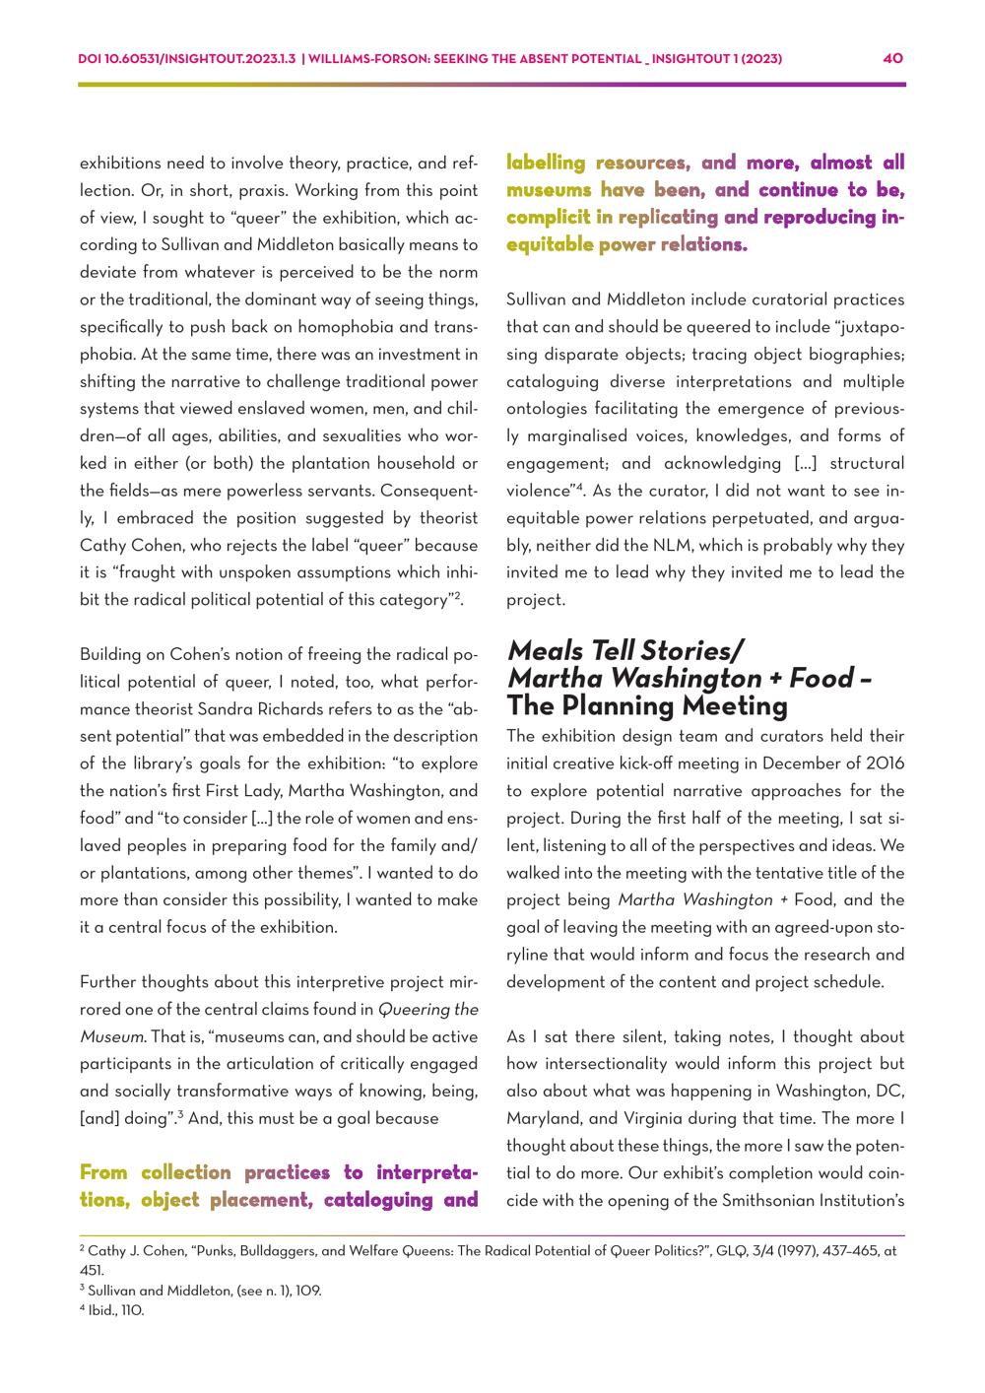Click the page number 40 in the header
[893, 59]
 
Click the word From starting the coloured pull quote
[104, 1172]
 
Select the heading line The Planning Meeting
[647, 706]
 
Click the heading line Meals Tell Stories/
[625, 651]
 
